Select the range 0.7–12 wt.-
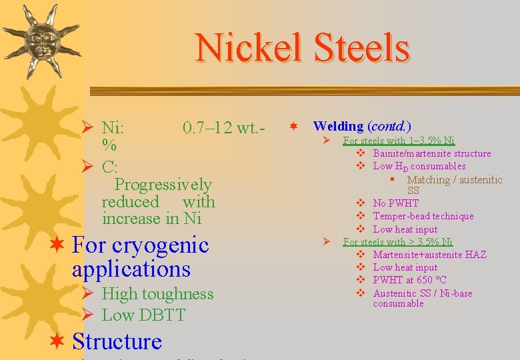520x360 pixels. (x=223, y=127)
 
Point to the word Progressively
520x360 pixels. (x=163, y=184)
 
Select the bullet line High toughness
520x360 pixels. (x=157, y=294)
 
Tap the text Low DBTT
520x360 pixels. (x=143, y=315)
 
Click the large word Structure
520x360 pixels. (x=117, y=341)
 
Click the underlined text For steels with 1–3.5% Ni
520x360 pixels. (x=399, y=141)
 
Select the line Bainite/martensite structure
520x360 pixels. (x=431, y=153)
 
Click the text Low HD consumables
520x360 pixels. (x=419, y=166)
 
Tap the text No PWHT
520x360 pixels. (x=395, y=203)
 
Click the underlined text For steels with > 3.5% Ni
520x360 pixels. (x=397, y=242)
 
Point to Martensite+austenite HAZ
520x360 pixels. (x=429, y=255)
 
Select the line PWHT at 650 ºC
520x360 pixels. (x=409, y=280)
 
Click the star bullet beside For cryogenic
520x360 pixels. (x=58, y=245)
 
